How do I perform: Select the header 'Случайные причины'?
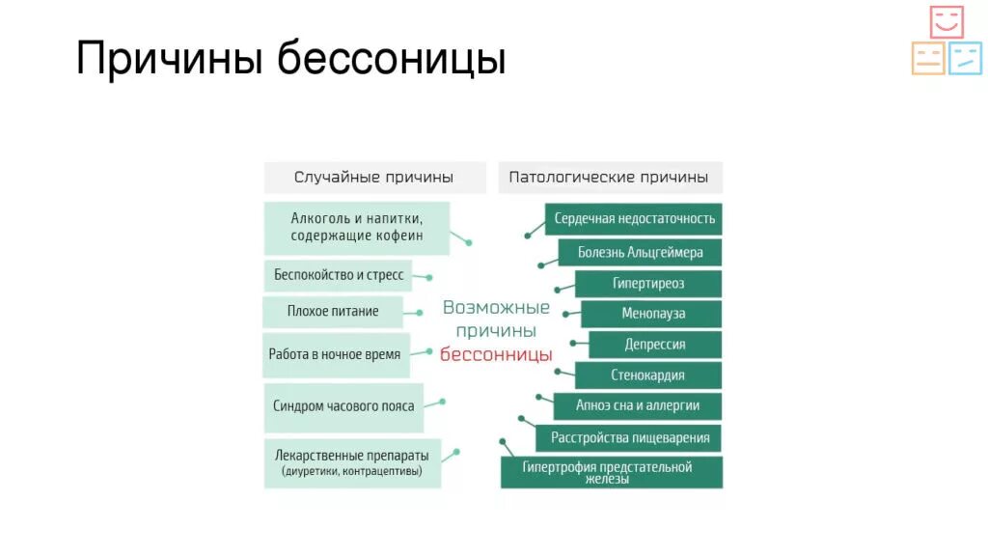[374, 178]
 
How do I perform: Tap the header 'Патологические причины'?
[609, 178]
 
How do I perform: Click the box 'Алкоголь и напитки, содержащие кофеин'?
[356, 228]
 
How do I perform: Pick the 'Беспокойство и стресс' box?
[338, 275]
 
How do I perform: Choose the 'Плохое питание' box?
[333, 312]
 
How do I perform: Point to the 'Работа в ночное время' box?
[335, 354]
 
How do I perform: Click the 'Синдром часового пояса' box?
[343, 405]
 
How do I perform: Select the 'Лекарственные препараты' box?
[351, 463]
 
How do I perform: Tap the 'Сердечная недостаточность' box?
[634, 219]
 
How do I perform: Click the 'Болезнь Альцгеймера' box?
[640, 253]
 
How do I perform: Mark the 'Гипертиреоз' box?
[647, 284]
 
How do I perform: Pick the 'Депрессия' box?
[655, 345]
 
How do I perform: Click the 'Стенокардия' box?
[647, 375]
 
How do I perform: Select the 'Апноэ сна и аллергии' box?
[638, 405]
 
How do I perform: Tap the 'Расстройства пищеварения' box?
[629, 437]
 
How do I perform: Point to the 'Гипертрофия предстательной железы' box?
[612, 472]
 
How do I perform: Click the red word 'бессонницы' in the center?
[496, 354]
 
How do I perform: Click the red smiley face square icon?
[947, 22]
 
